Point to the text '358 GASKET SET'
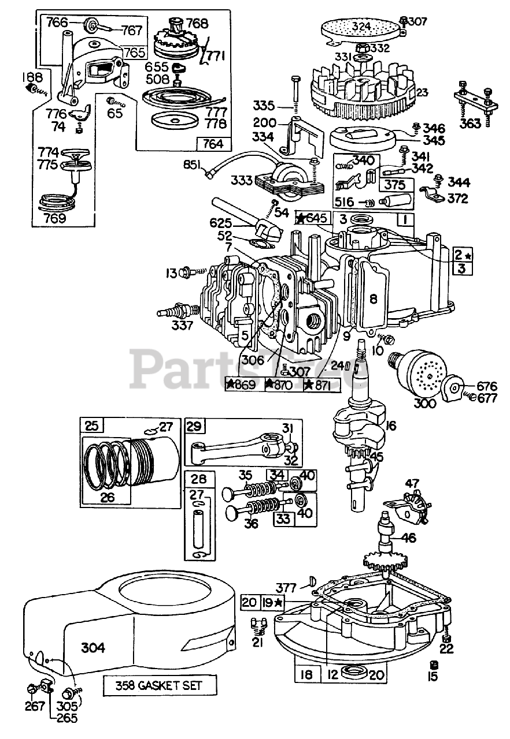coord(160,686)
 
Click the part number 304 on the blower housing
coord(93,648)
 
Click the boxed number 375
coord(396,185)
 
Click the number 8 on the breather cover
coord(373,298)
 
